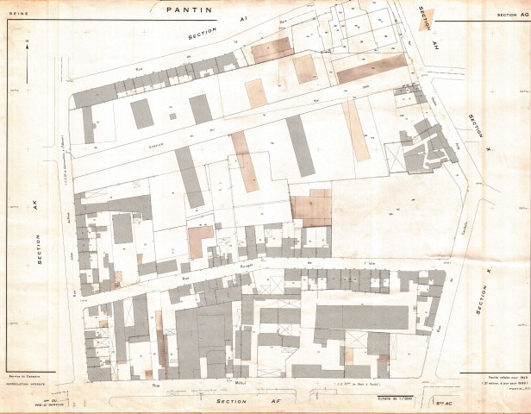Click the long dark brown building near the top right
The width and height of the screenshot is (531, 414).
click(x=371, y=68)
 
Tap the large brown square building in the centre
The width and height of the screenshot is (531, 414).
click(x=310, y=208)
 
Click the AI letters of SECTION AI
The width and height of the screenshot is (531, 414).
click(x=244, y=19)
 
